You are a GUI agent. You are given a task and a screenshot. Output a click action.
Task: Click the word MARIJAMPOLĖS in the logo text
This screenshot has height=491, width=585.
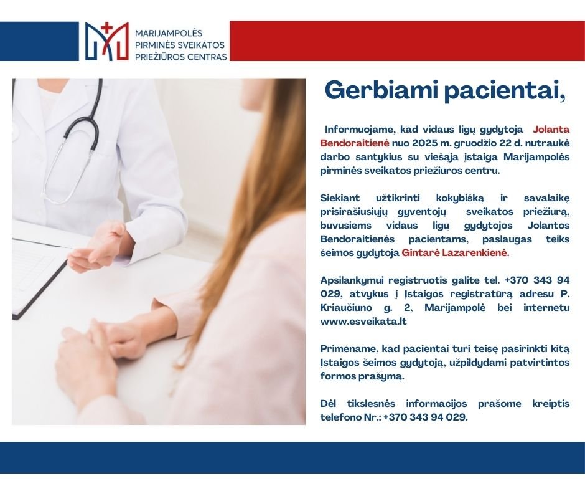168,33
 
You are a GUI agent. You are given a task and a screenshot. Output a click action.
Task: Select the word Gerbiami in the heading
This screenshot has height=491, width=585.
381,90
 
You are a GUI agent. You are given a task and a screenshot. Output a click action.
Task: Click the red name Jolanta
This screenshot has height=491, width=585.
551,129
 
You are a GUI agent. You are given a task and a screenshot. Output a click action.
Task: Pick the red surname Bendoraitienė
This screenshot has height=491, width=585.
355,143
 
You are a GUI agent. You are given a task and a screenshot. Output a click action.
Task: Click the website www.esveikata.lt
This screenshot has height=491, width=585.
363,322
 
